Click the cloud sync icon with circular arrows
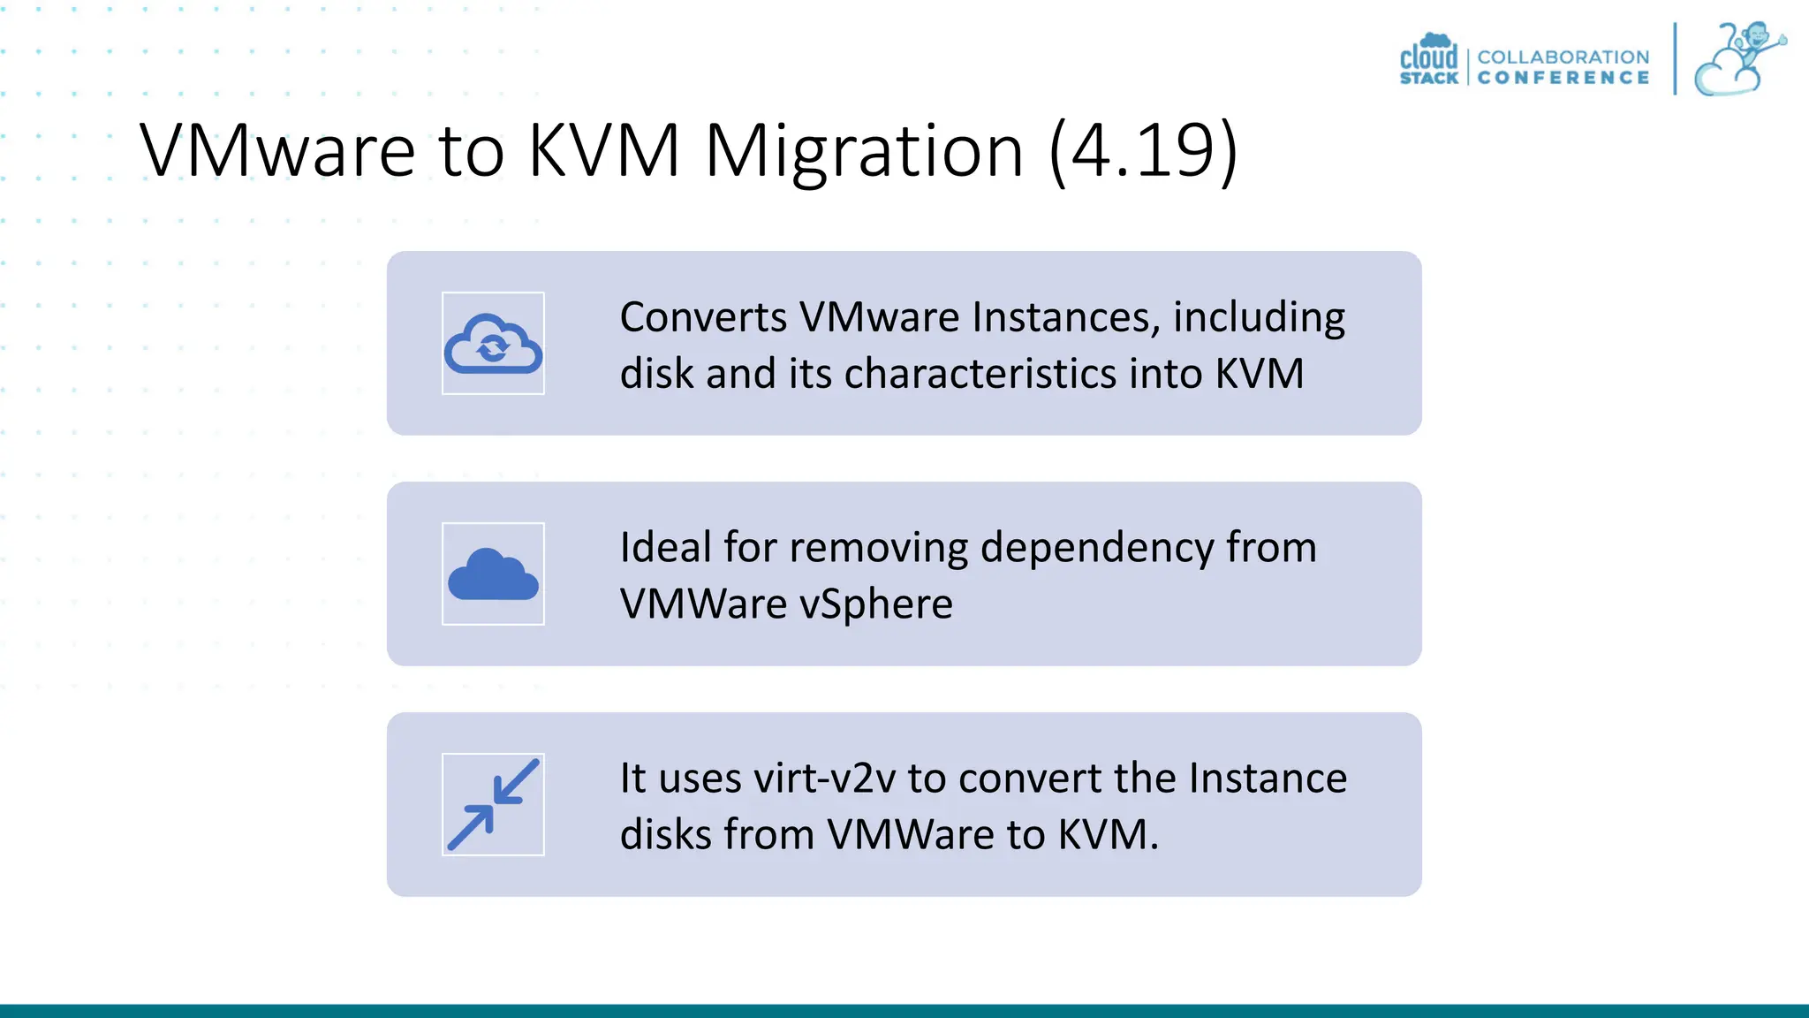(x=493, y=344)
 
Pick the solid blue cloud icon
(x=493, y=574)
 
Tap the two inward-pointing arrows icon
(x=493, y=804)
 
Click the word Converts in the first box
(x=702, y=317)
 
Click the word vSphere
(x=875, y=604)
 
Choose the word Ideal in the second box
(x=665, y=548)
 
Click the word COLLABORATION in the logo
(x=1563, y=57)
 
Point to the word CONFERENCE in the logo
(x=1563, y=78)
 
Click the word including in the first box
(x=1259, y=317)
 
